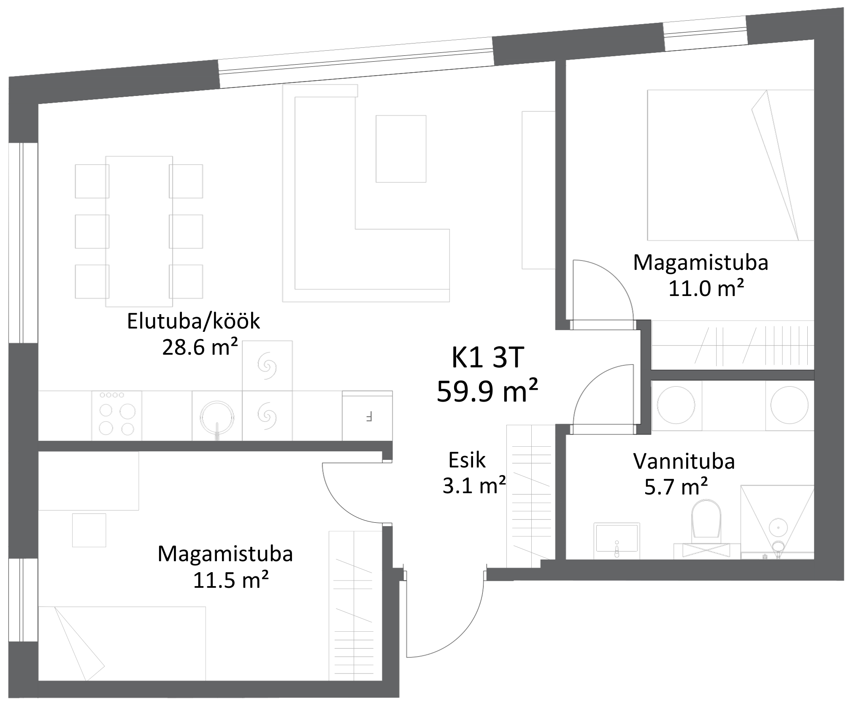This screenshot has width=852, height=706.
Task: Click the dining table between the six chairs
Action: tap(139, 231)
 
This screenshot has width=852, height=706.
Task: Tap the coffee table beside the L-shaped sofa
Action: tap(401, 149)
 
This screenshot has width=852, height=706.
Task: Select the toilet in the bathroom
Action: tap(706, 519)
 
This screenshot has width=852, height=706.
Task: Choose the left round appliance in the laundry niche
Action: tap(676, 405)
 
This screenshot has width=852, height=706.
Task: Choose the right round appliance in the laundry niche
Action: tap(790, 405)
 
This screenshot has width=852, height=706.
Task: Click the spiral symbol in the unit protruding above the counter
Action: tap(267, 365)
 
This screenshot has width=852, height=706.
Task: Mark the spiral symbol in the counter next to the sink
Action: tap(267, 416)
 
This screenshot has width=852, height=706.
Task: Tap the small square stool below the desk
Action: tap(89, 530)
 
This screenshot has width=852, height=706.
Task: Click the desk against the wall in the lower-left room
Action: tap(89, 481)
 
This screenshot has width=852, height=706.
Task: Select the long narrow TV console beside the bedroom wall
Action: tap(538, 190)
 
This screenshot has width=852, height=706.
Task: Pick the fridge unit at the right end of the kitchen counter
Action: tap(368, 417)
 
